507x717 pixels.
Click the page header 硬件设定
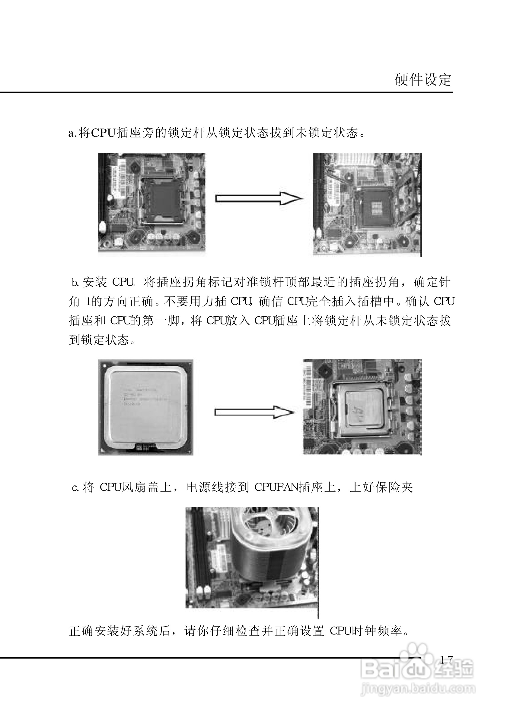point(423,80)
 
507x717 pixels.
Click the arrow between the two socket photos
point(259,198)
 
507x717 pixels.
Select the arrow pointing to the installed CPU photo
point(254,412)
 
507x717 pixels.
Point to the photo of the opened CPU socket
point(367,205)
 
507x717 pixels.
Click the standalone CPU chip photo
point(146,407)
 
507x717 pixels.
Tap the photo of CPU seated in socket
point(362,407)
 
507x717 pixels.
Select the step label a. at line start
point(72,133)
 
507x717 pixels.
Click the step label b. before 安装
point(75,283)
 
